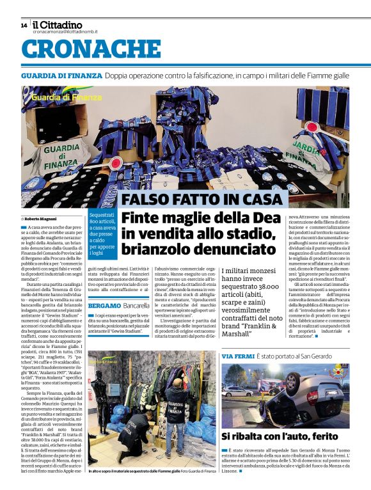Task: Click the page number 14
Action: click(x=24, y=26)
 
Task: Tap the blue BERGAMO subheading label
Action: click(x=104, y=306)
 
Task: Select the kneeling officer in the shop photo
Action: click(x=135, y=435)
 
